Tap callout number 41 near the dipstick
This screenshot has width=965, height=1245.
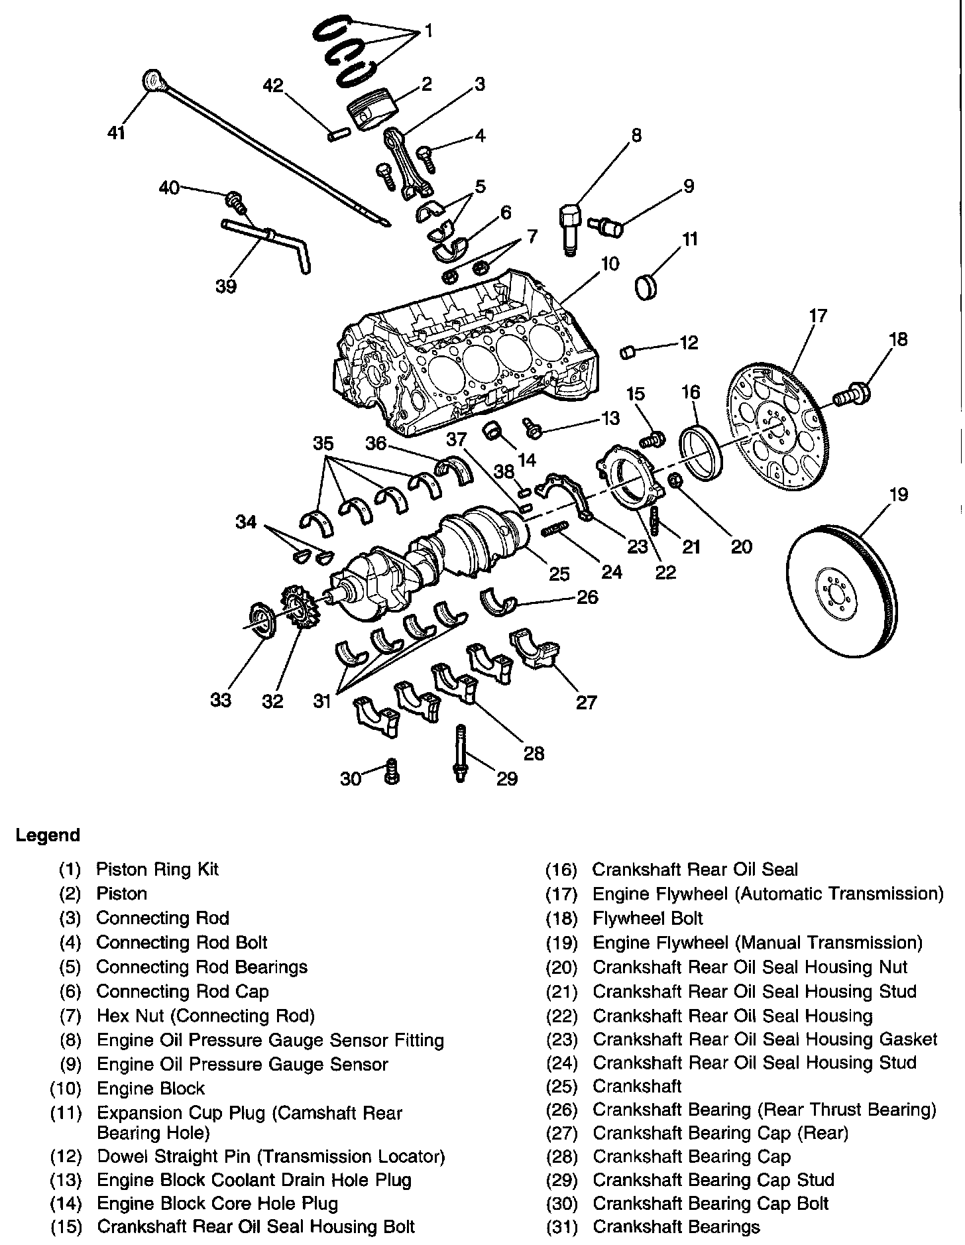click(117, 133)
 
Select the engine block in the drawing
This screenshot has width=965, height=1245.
click(464, 358)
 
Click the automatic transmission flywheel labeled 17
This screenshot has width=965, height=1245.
click(779, 428)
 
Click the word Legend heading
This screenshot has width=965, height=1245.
click(48, 835)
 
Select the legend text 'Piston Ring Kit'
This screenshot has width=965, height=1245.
click(157, 869)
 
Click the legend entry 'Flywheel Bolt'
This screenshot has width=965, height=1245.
click(648, 918)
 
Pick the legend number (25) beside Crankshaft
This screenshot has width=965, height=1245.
click(561, 1086)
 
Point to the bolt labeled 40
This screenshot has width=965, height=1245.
click(234, 198)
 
